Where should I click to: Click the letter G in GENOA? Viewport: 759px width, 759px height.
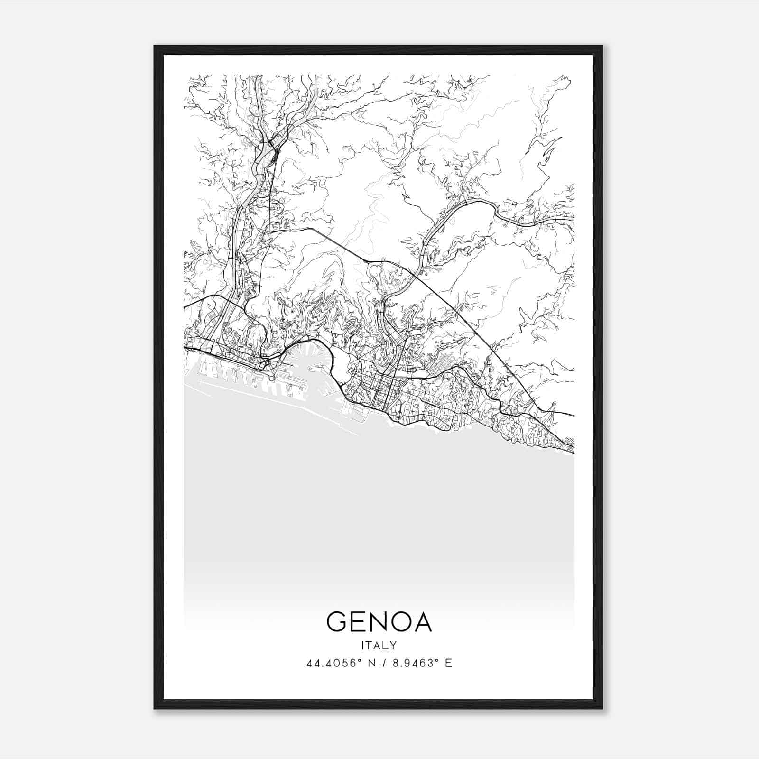click(337, 622)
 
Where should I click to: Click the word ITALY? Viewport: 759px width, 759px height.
click(379, 645)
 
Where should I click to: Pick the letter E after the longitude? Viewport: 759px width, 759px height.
click(448, 663)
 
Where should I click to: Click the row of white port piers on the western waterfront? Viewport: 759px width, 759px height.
click(228, 375)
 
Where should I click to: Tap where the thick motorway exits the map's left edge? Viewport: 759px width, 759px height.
click(185, 307)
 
